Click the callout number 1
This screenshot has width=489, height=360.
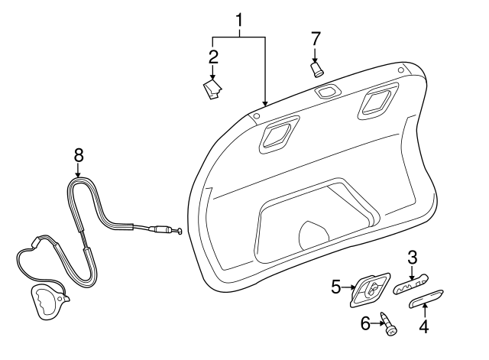click(x=239, y=18)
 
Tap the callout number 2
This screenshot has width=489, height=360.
click(x=213, y=56)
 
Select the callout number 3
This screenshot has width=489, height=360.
click(x=412, y=258)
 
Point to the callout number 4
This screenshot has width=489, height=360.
click(x=423, y=328)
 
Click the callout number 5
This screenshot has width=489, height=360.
click(x=335, y=287)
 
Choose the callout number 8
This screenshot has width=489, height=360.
click(x=78, y=154)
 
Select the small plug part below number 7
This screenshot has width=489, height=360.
click(x=316, y=70)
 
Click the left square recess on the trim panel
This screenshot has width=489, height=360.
click(x=276, y=134)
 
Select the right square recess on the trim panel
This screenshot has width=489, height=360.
click(x=375, y=101)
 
